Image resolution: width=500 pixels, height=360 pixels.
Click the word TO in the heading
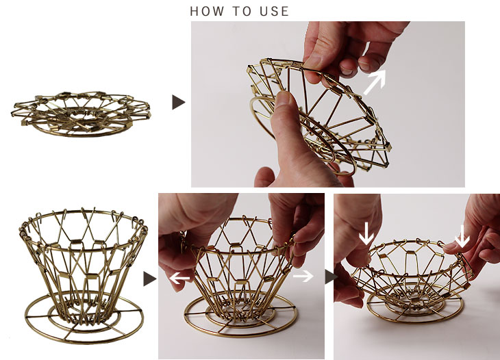click(242, 11)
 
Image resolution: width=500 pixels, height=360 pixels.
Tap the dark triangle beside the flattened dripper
click(178, 102)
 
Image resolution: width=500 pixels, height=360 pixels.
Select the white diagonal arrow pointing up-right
click(375, 82)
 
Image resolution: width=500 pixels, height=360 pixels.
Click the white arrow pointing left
click(179, 278)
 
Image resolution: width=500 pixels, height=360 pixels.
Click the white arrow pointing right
click(303, 276)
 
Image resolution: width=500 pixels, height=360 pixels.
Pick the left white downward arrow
click(366, 233)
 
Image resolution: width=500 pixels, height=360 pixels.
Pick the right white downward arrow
click(462, 236)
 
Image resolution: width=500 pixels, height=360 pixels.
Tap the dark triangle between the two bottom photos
click(331, 277)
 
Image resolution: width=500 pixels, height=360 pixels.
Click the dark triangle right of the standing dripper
click(149, 279)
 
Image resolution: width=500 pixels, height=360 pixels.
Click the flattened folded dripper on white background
click(82, 114)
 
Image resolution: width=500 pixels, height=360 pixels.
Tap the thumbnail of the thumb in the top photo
click(283, 98)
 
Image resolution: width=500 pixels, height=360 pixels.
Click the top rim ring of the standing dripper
click(84, 211)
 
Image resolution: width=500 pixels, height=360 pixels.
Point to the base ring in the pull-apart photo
click(240, 335)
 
